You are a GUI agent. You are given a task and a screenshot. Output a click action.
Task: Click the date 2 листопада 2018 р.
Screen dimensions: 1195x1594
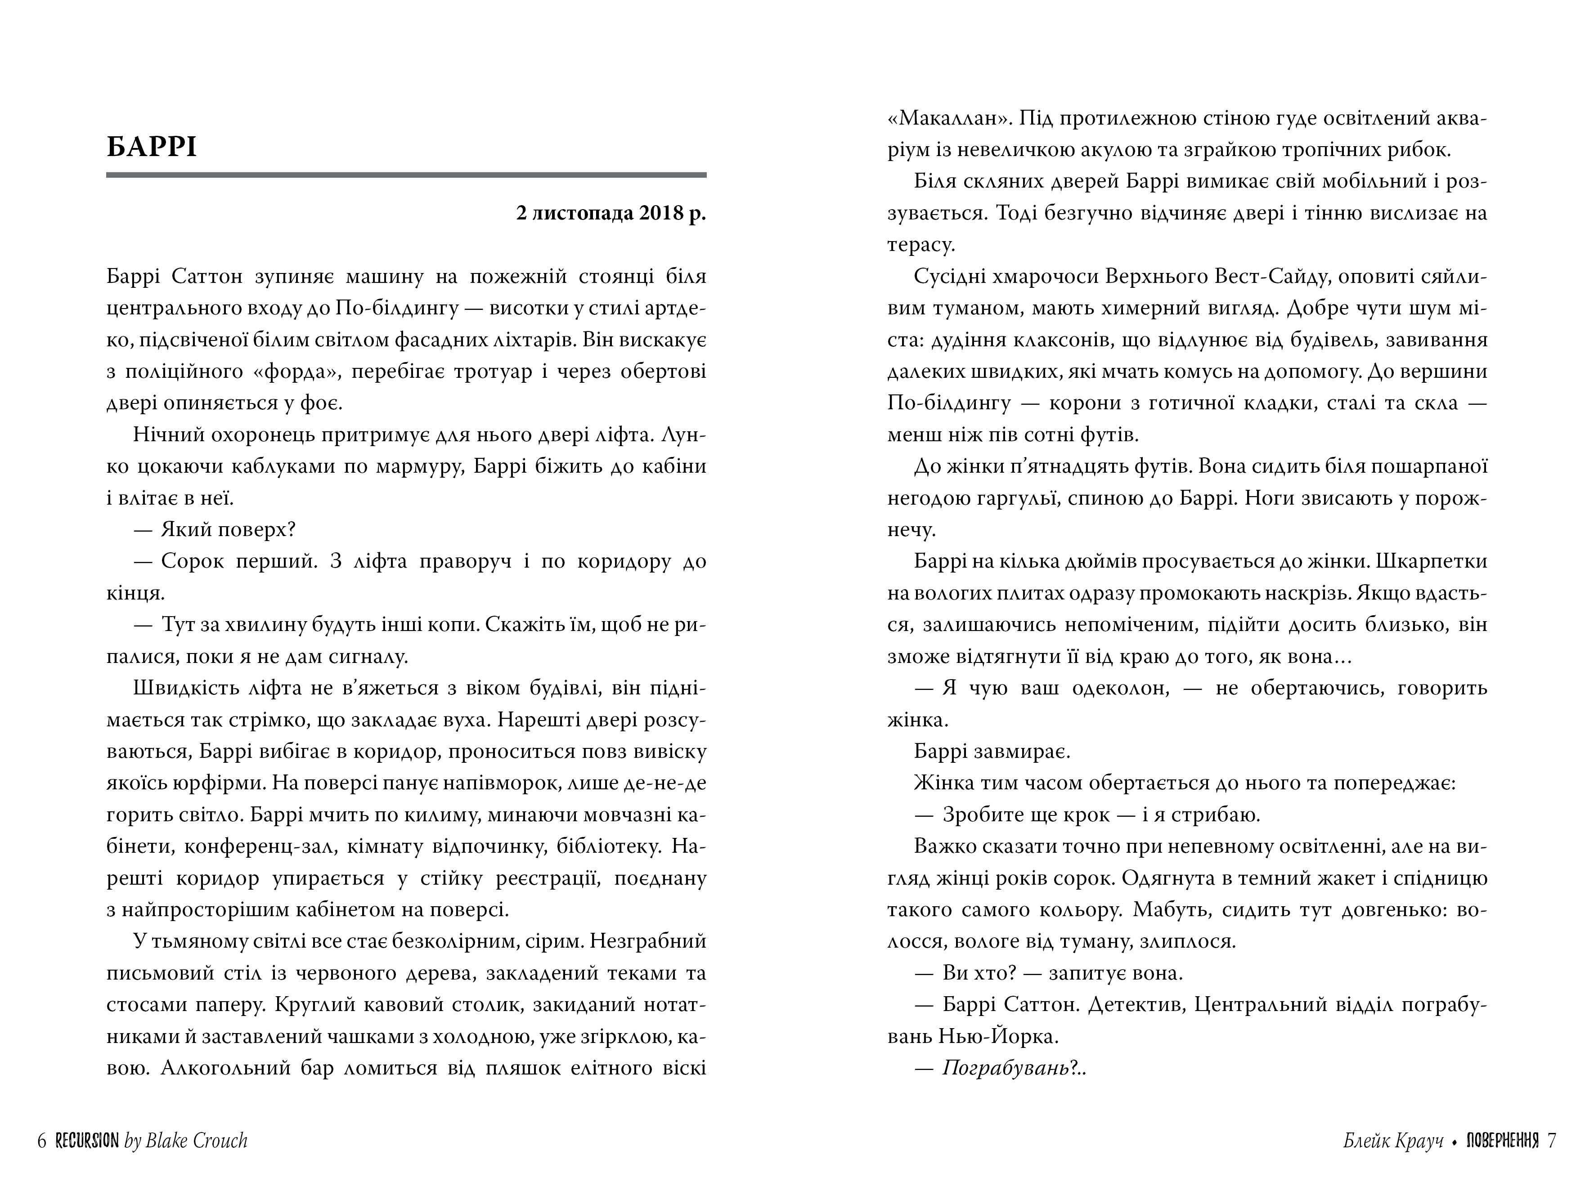pos(611,214)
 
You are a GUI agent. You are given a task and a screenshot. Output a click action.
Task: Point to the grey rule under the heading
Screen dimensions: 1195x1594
pos(406,175)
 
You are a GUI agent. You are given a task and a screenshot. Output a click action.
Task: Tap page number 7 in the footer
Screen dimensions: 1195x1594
pos(1551,1140)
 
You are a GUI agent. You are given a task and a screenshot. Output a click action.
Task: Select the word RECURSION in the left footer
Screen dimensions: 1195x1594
pos(87,1140)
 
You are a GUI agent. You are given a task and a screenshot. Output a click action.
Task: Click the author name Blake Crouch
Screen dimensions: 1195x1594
pos(196,1140)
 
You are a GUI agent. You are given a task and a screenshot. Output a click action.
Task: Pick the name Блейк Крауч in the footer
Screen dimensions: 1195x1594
pos(1393,1140)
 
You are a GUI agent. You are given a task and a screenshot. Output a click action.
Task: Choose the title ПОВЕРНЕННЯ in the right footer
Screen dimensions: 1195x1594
pos(1502,1140)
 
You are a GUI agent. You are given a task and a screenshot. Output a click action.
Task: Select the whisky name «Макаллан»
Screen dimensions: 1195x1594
pos(941,118)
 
